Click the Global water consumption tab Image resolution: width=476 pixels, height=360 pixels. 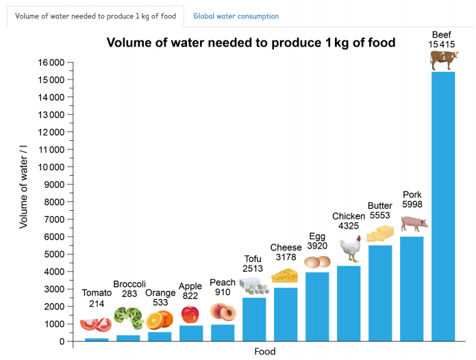pyautogui.click(x=236, y=16)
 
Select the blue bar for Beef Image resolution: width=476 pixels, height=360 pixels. pyautogui.click(x=443, y=205)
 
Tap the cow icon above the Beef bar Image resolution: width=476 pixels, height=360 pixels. pyautogui.click(x=443, y=60)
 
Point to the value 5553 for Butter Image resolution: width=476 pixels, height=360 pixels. pyautogui.click(x=379, y=216)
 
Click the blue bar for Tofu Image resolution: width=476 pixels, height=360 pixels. pyautogui.click(x=254, y=318)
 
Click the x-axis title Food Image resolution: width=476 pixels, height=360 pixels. pyautogui.click(x=264, y=351)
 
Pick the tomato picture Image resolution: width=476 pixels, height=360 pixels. pyautogui.click(x=95, y=324)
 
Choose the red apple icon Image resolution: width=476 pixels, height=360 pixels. pyautogui.click(x=190, y=314)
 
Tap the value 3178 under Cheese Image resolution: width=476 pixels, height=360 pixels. pyautogui.click(x=286, y=257)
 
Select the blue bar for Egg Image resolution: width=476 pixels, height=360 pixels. pyautogui.click(x=317, y=306)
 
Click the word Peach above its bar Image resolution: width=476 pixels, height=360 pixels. pyautogui.click(x=223, y=283)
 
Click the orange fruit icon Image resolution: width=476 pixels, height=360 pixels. pyautogui.click(x=160, y=320)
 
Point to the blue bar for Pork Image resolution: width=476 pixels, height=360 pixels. pyautogui.click(x=412, y=287)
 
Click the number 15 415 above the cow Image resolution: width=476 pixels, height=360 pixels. pyautogui.click(x=442, y=44)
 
